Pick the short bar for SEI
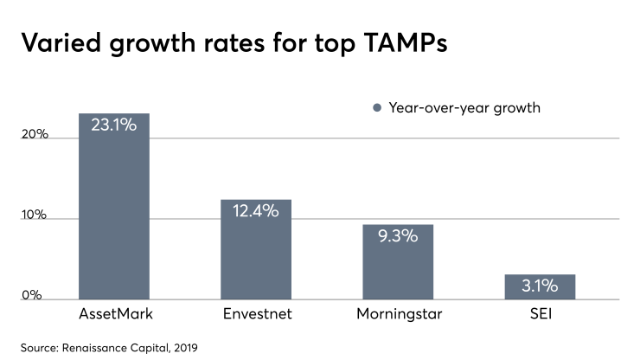[540, 286]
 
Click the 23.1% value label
[114, 125]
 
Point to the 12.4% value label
[255, 210]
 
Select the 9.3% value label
[398, 235]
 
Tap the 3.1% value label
[540, 286]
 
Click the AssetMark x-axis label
[113, 312]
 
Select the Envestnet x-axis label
[255, 312]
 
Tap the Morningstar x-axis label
[398, 312]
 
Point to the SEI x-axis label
[540, 312]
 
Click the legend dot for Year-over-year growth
[377, 108]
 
